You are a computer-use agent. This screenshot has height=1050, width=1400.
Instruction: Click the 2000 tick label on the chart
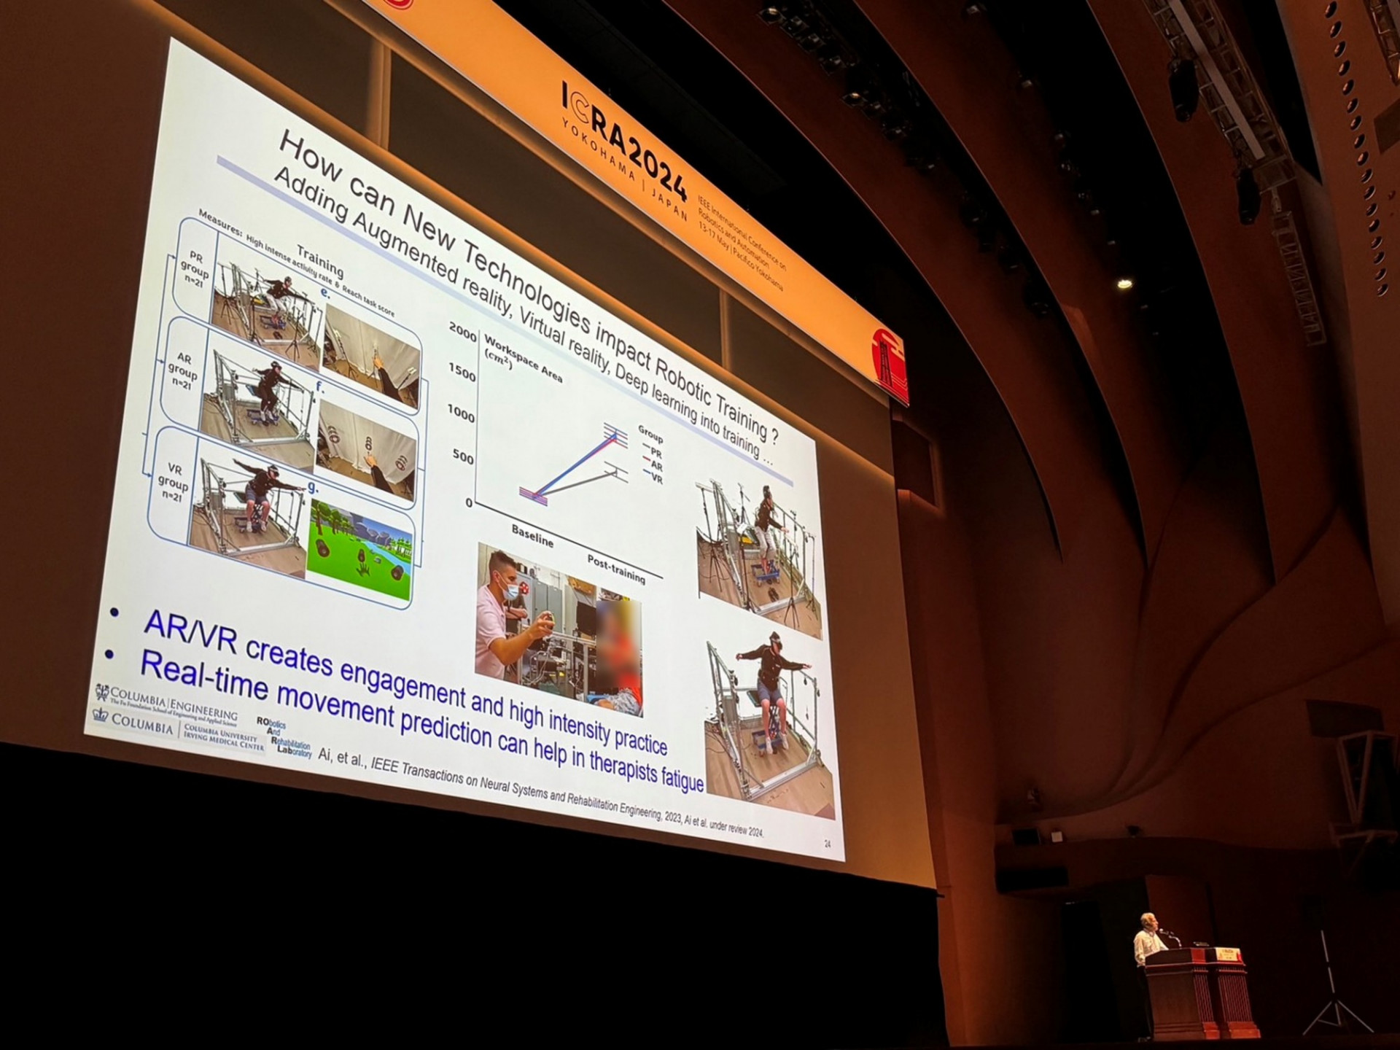coord(463,332)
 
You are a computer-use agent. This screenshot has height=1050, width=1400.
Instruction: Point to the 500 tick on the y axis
coord(463,457)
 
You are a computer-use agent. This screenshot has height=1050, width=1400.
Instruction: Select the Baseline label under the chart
coord(532,536)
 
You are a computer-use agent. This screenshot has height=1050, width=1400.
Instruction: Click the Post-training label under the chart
coord(616,569)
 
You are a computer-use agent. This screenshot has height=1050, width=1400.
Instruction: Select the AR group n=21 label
coord(182,370)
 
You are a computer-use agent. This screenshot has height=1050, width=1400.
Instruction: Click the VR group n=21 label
coord(173,481)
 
